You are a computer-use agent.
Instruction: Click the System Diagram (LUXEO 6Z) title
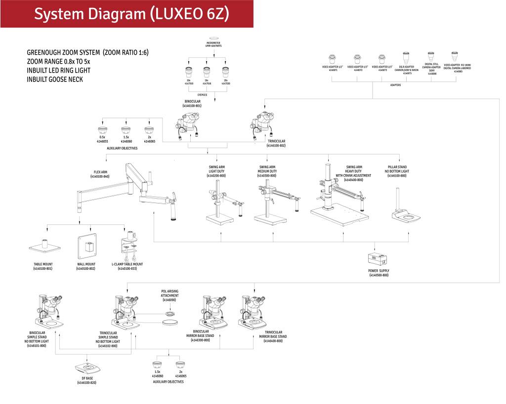point(131,14)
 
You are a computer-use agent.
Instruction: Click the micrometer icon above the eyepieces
point(213,37)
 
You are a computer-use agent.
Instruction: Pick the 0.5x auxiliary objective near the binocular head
point(103,130)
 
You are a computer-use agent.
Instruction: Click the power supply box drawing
point(379,259)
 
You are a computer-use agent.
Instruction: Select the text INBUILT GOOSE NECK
point(55,79)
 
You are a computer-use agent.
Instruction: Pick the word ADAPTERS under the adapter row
point(395,85)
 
